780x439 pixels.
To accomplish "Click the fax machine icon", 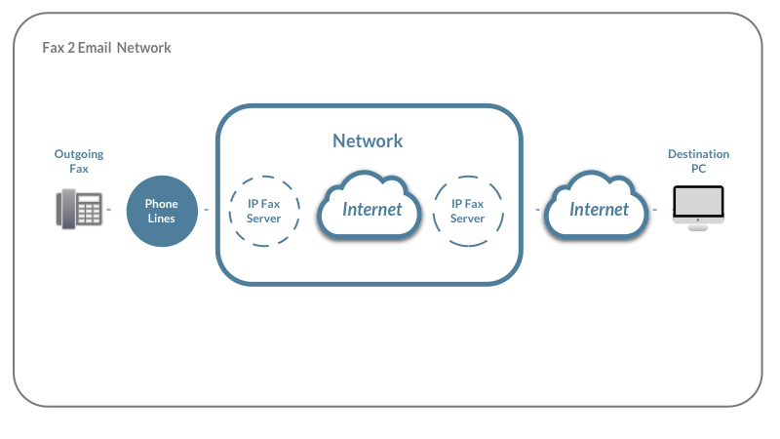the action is pyautogui.click(x=80, y=209).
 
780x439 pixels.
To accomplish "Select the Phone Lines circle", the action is pyautogui.click(x=162, y=211).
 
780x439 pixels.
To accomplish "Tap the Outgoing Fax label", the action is pyautogui.click(x=79, y=161).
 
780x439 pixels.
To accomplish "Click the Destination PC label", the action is pyautogui.click(x=698, y=161).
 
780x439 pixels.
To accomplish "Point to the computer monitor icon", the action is pyautogui.click(x=698, y=208).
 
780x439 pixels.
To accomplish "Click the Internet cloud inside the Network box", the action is pyautogui.click(x=370, y=206).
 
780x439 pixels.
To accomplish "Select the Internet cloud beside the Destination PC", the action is pyautogui.click(x=597, y=206).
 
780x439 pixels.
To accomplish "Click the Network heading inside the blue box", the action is pyautogui.click(x=368, y=140).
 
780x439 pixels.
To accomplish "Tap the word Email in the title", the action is pyautogui.click(x=95, y=48).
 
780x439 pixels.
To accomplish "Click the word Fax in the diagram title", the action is pyautogui.click(x=54, y=48).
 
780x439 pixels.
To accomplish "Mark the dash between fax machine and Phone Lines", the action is pyautogui.click(x=109, y=210).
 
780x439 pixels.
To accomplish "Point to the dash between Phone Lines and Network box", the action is pyautogui.click(x=207, y=210).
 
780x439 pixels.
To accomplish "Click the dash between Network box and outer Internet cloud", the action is pyautogui.click(x=538, y=210).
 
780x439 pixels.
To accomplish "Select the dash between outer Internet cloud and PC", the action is pyautogui.click(x=654, y=210).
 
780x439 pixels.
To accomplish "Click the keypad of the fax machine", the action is pyautogui.click(x=90, y=210).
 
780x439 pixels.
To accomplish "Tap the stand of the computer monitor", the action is pyautogui.click(x=698, y=227).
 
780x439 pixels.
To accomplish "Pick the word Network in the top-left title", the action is pyautogui.click(x=144, y=48).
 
